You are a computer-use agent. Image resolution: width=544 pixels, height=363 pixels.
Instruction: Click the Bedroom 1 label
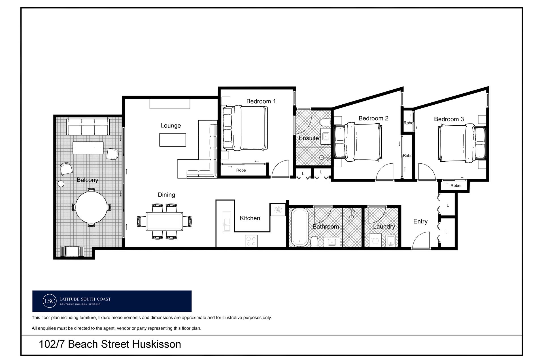pos(261,101)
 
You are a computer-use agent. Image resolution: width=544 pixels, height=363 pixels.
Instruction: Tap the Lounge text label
pos(171,126)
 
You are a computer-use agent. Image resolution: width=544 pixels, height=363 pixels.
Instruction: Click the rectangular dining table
pos(164,221)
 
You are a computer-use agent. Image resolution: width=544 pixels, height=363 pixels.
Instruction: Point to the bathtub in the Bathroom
pos(299,227)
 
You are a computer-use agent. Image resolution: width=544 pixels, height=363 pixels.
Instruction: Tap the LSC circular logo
pos(50,301)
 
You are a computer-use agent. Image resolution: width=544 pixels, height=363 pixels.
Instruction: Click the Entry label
pos(420,221)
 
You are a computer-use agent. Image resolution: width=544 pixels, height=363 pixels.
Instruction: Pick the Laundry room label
pos(384,226)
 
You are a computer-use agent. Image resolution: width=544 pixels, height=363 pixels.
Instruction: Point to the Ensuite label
pos(309,138)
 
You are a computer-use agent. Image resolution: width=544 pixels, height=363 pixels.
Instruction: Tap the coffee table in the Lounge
pos(173,140)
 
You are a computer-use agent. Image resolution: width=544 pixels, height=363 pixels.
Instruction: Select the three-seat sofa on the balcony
pos(88,126)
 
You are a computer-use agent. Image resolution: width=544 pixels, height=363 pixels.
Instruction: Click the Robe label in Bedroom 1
pos(241,170)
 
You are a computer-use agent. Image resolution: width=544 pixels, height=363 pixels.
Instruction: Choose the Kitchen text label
pos(250,218)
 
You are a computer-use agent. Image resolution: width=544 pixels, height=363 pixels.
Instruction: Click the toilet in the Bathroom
pos(314,242)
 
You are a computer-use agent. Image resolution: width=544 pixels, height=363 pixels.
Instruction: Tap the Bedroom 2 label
pos(373,118)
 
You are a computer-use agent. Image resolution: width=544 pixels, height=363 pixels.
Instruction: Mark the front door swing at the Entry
pos(421,240)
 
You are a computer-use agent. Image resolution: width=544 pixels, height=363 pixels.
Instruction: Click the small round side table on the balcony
pos(61,184)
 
